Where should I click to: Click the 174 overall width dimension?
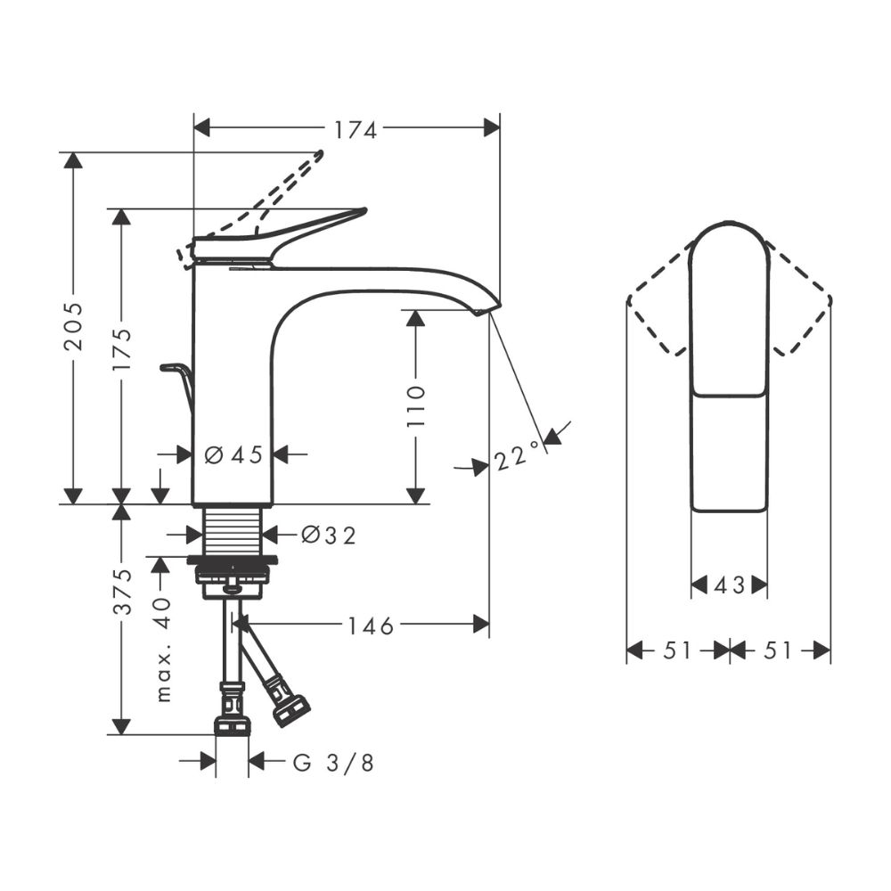(x=356, y=129)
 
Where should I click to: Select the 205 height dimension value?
(x=75, y=327)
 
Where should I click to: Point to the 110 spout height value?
(x=416, y=405)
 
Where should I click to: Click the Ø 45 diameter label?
(x=233, y=455)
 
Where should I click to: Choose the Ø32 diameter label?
(x=328, y=535)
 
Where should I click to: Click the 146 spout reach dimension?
(x=370, y=626)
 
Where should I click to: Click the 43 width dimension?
(x=729, y=585)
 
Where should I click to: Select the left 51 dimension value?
(x=677, y=651)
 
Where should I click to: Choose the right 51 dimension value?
(x=778, y=651)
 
